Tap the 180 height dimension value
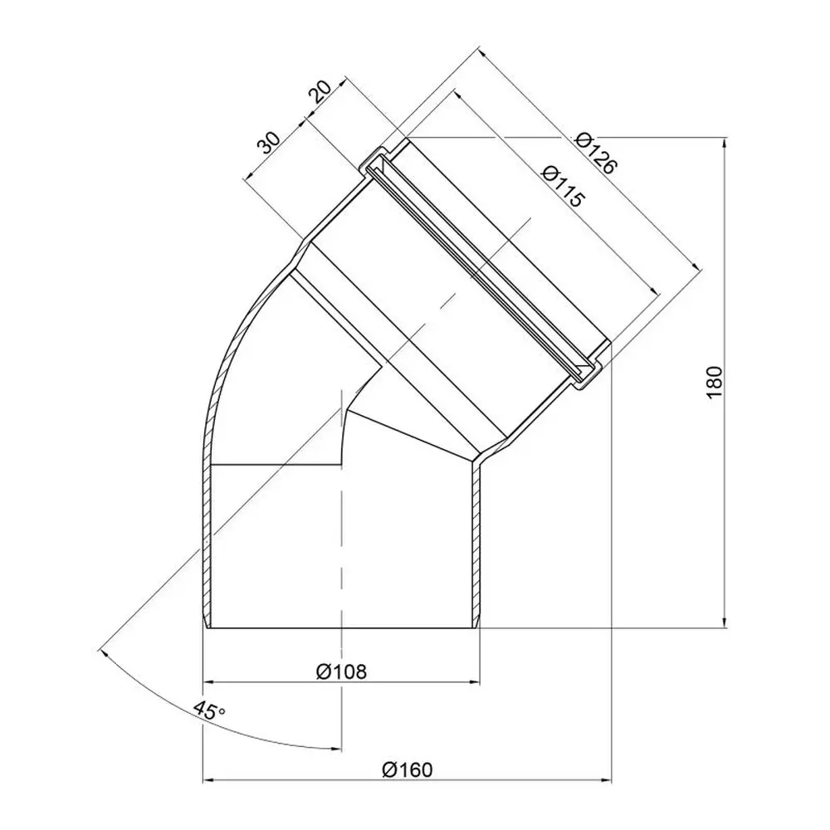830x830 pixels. (714, 382)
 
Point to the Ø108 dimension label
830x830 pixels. (341, 671)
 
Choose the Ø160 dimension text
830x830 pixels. (407, 769)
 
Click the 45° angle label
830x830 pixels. (208, 710)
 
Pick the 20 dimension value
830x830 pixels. (320, 91)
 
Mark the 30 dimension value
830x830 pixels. (268, 143)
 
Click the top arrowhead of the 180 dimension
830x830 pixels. (724, 143)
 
